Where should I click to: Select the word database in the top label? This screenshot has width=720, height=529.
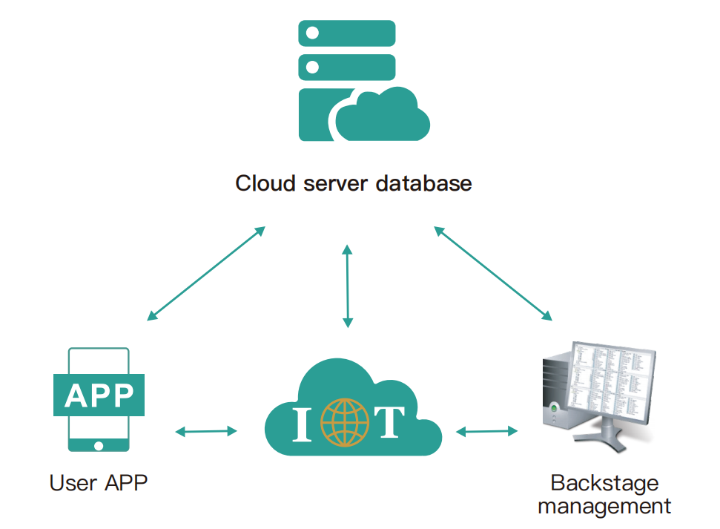[x=423, y=183]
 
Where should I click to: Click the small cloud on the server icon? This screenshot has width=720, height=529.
[x=384, y=115]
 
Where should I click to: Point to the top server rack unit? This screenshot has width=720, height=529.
[x=346, y=33]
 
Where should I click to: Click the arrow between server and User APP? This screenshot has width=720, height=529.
[x=206, y=273]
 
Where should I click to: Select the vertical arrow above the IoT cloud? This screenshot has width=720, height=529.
[x=347, y=286]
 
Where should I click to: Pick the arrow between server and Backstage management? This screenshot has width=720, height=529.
[x=493, y=273]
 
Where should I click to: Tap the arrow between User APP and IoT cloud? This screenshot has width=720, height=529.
[x=206, y=430]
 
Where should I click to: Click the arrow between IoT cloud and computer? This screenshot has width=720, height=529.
[x=487, y=430]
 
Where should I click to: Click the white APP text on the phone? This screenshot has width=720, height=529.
[x=99, y=396]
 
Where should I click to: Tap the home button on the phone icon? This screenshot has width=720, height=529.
[x=99, y=445]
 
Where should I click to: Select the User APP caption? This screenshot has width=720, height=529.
[x=99, y=483]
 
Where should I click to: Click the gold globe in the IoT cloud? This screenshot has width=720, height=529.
[x=344, y=423]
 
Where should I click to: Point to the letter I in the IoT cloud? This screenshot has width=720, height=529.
[x=302, y=424]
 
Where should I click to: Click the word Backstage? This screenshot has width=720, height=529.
[x=604, y=483]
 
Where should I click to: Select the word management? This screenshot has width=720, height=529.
[x=604, y=507]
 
